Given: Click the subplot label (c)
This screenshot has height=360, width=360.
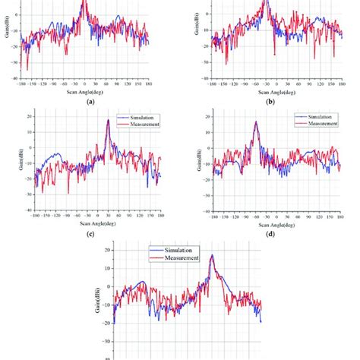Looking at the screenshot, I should [x=90, y=235].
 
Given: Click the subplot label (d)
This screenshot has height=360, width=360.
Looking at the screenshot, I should [x=271, y=235].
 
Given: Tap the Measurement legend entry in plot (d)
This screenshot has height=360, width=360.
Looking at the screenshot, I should [x=320, y=125].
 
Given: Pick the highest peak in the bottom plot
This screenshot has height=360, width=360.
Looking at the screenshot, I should [x=211, y=255].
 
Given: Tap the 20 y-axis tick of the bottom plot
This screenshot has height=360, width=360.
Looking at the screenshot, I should [x=108, y=250].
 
